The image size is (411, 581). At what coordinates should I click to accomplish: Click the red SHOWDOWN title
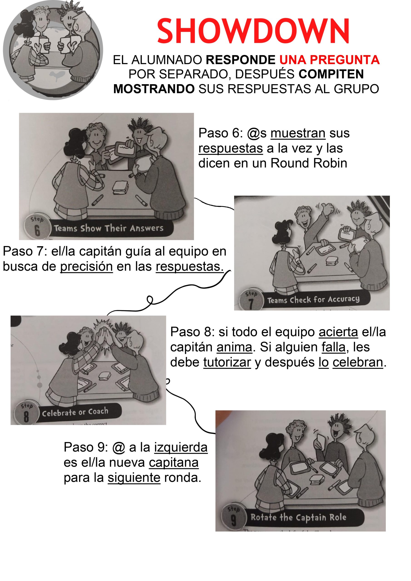coord(253,31)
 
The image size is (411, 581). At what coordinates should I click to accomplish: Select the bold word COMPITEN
coord(331,74)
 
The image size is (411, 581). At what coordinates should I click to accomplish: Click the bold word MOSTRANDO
coord(154,89)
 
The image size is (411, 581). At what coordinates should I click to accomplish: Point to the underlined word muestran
coord(298,133)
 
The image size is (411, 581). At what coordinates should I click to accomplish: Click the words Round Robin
coord(309,163)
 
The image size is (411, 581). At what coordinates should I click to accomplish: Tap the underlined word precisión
coord(86,266)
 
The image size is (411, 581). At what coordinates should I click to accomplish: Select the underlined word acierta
coord(338,332)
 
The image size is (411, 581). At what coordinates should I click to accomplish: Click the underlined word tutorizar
coord(227,362)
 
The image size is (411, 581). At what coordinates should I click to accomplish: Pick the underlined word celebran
coord(358,362)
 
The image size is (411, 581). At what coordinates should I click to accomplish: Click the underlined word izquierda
coord(181,447)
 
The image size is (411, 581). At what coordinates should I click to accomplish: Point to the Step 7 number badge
coord(250,300)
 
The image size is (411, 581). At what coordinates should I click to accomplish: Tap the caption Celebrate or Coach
coord(75,412)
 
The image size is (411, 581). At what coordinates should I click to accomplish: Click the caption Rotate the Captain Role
coord(298,517)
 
